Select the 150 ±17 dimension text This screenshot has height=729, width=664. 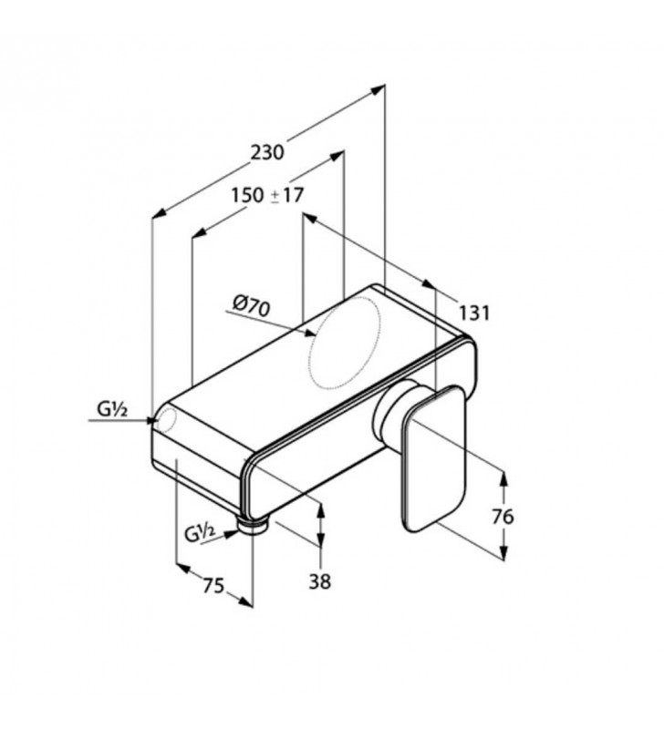(x=266, y=195)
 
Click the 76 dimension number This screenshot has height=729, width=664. (x=503, y=517)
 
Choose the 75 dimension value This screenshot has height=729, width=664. (x=213, y=586)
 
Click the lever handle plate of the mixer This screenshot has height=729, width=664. (x=432, y=456)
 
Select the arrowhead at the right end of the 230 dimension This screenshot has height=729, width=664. (x=379, y=88)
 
